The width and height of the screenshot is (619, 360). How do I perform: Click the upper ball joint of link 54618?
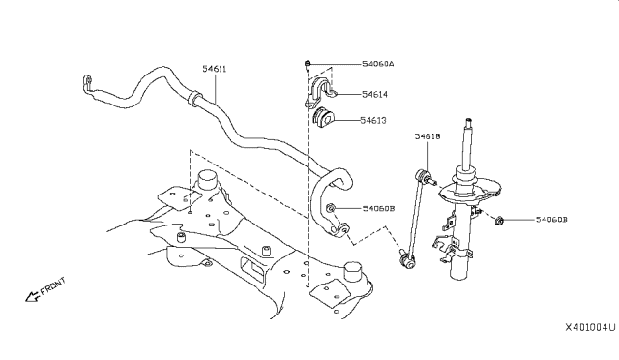point(425,177)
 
